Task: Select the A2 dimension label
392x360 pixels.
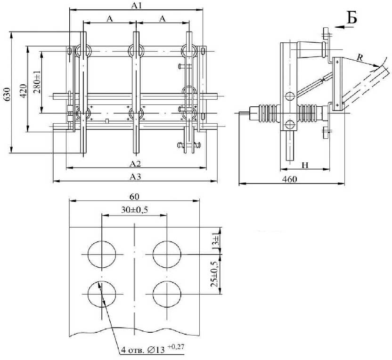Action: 136,163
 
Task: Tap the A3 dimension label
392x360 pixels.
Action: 136,176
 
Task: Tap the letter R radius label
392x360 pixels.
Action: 360,57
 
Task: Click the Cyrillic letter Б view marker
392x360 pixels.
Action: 352,17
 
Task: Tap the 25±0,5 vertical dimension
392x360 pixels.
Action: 215,275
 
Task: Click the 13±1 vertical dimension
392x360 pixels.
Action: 215,241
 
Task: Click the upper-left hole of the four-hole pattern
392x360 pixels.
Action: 102,254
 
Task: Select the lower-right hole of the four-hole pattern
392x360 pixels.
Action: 167,294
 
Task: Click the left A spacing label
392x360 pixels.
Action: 109,18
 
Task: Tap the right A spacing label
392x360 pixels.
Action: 163,18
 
